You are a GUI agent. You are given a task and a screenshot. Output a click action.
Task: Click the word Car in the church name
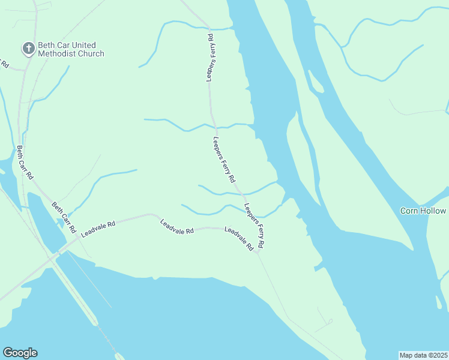tap(63, 46)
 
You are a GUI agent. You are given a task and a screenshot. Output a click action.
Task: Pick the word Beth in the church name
tap(47, 46)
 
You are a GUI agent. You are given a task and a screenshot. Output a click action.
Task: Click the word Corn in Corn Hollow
tap(409, 211)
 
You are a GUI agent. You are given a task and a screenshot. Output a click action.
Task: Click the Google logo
tap(20, 353)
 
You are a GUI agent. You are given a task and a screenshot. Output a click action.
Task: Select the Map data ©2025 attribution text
tap(423, 355)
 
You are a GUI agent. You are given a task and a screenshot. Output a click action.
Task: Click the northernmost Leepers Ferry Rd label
tap(211, 58)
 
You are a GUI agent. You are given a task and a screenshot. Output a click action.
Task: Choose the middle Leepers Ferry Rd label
tap(224, 160)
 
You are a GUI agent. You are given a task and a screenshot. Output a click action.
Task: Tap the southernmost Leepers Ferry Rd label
tap(255, 226)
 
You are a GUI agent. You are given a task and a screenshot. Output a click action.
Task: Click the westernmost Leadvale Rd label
tap(98, 229)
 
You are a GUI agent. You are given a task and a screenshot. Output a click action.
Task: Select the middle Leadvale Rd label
tap(177, 227)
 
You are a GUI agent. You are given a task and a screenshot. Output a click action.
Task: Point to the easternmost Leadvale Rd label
tap(238, 238)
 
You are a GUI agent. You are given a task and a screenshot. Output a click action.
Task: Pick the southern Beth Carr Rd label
tap(64, 217)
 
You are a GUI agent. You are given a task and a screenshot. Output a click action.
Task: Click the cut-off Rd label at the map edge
tap(4, 63)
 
